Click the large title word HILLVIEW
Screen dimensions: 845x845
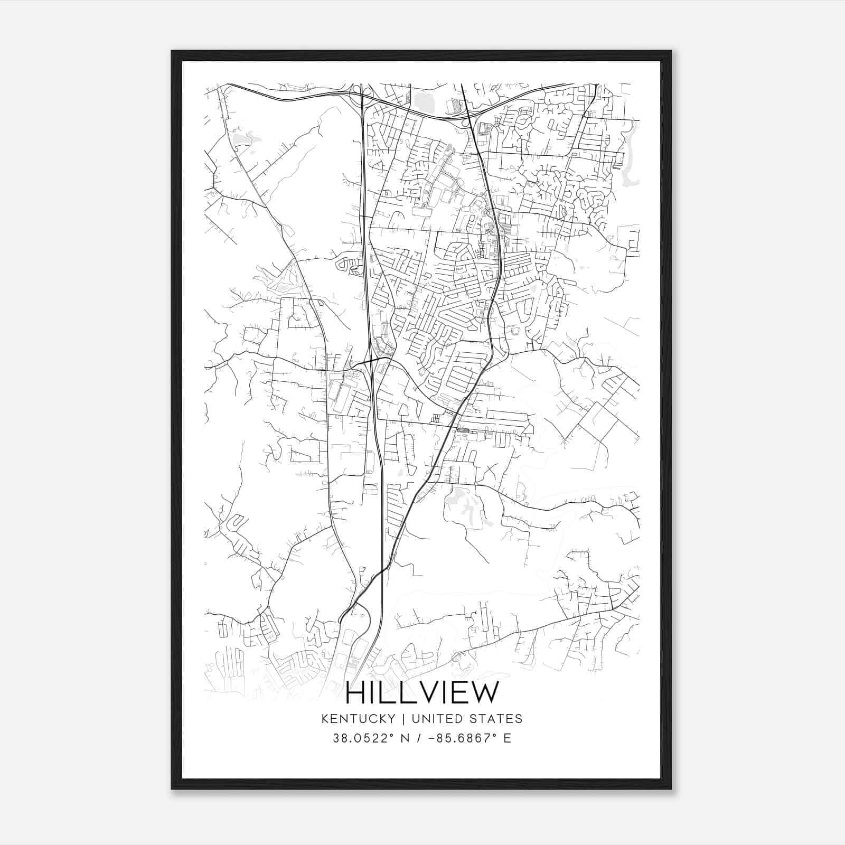tap(421, 693)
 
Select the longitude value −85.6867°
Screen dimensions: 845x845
tap(459, 738)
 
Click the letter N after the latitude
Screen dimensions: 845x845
tap(406, 738)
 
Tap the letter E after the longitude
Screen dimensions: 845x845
tap(507, 738)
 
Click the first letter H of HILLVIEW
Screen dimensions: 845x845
tap(355, 693)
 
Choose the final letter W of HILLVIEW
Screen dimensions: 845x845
tap(485, 693)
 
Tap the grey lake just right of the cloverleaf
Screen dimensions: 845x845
tap(424, 100)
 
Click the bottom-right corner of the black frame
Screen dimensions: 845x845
tap(671, 789)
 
